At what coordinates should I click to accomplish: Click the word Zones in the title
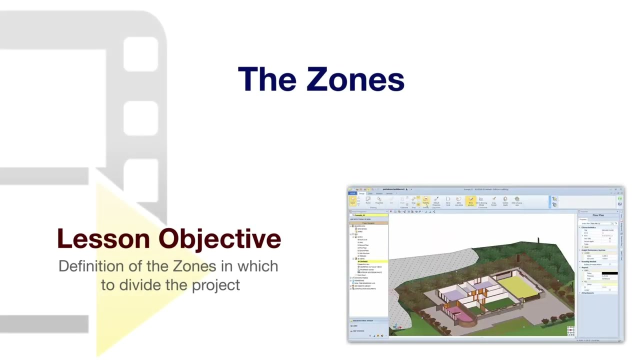pos(355,79)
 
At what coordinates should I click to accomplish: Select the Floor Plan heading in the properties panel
pos(598,215)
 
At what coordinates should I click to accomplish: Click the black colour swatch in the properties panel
pos(609,273)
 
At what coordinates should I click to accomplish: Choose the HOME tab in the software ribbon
pos(352,193)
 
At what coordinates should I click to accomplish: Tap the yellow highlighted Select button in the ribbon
pos(352,200)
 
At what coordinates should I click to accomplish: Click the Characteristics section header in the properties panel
pos(588,227)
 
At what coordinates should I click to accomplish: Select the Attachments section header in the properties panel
pos(587,293)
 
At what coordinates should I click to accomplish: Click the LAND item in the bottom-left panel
pos(355,326)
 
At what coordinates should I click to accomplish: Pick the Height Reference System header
pos(593,250)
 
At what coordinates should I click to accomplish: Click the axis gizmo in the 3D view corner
pos(570,331)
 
